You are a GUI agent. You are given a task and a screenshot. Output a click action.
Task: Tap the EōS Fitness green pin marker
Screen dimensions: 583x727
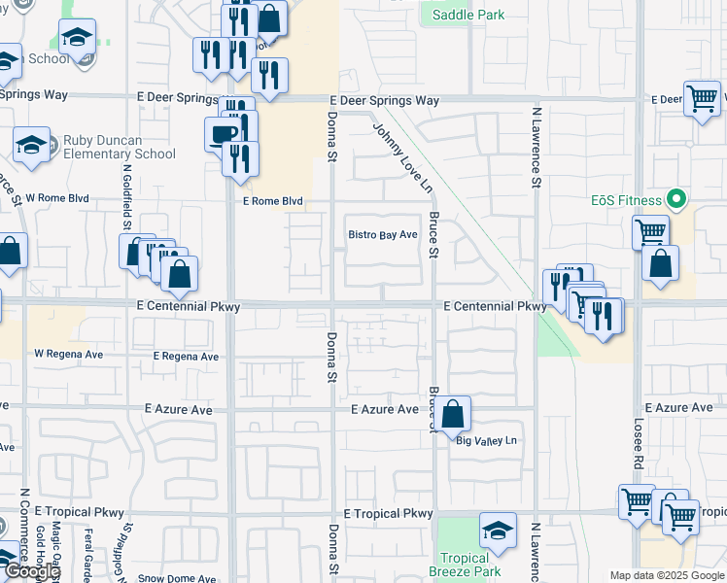678,201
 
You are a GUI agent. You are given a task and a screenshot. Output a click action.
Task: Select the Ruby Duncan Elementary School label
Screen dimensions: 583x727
119,147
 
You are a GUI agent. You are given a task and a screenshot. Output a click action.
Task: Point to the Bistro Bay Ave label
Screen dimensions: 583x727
383,235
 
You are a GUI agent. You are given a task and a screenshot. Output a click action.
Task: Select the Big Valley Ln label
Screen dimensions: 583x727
487,440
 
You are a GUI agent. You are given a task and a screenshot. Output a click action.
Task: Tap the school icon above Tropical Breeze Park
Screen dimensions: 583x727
498,531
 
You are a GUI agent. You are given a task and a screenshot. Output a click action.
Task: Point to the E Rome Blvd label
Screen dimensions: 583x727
272,201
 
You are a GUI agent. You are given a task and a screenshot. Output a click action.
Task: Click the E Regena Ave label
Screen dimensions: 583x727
186,357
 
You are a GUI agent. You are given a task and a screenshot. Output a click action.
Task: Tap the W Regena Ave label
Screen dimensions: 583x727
68,354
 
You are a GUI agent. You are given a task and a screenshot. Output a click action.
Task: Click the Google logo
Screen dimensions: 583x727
31,571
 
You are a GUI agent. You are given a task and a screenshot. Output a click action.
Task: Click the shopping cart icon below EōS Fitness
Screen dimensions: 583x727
650,232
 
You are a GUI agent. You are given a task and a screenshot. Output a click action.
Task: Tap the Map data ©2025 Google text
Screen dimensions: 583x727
667,575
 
